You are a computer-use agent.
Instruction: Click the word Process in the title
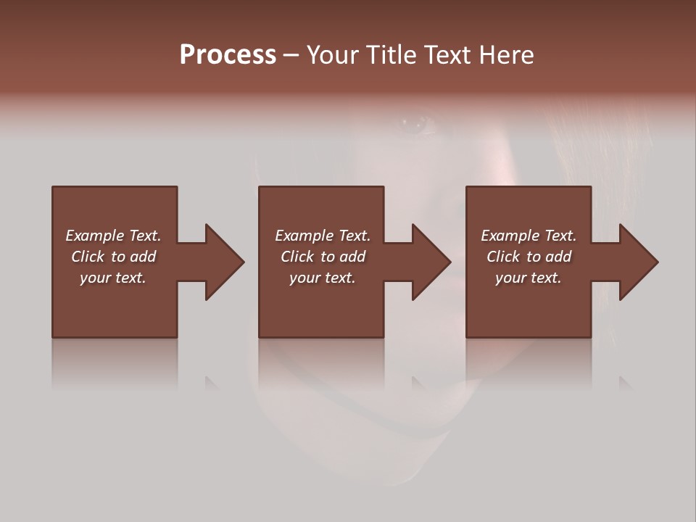[228, 55]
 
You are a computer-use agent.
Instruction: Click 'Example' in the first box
[94, 236]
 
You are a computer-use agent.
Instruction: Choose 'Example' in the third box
[510, 236]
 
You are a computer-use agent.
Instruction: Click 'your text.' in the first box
[113, 278]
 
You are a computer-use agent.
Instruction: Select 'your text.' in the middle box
[323, 278]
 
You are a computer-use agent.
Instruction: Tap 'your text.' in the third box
[529, 278]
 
